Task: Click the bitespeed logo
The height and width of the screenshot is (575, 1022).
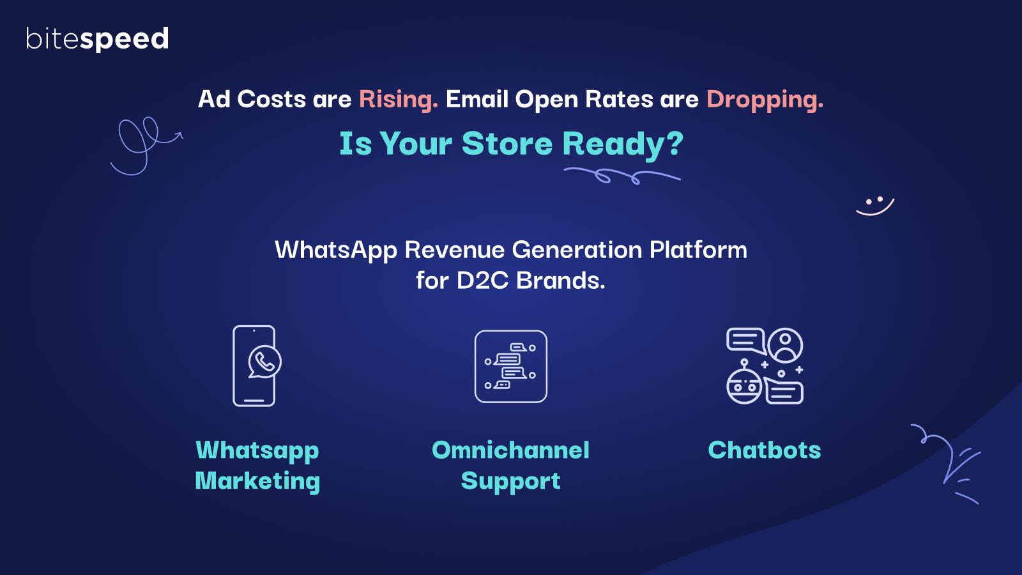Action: (x=97, y=39)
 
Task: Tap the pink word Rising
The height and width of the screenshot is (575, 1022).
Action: (x=399, y=100)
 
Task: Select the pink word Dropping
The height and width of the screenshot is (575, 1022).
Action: (x=765, y=100)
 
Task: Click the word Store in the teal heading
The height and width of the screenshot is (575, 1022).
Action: (x=507, y=143)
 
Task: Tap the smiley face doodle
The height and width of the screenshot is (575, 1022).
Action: (x=875, y=206)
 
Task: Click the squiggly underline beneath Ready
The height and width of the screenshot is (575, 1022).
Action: (x=622, y=176)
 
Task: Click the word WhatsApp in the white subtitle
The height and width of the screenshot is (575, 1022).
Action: (x=336, y=250)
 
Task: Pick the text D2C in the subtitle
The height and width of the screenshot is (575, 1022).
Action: (x=482, y=280)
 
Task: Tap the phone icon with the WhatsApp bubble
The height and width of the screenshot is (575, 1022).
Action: (x=256, y=366)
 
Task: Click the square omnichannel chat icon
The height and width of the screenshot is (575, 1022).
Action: (x=511, y=367)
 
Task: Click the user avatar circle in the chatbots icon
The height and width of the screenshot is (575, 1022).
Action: (x=785, y=345)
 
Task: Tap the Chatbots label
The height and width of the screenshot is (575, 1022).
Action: (x=764, y=450)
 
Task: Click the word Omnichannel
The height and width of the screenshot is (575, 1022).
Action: (x=510, y=450)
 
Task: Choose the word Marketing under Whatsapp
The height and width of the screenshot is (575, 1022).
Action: (x=257, y=482)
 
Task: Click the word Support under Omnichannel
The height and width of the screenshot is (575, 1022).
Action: (x=510, y=482)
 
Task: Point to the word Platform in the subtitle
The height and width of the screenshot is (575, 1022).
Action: (x=698, y=250)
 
